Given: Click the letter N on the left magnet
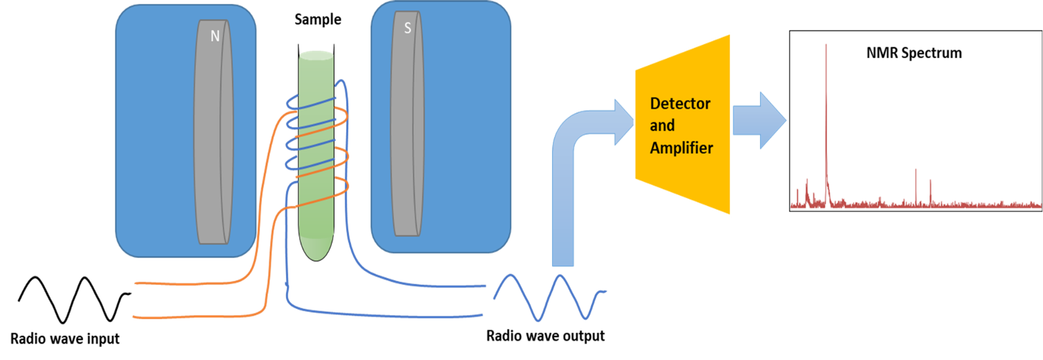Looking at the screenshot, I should (214, 37).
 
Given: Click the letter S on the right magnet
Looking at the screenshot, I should (407, 28).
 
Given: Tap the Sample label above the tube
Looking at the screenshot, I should (317, 20).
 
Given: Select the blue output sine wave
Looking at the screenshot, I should (549, 297).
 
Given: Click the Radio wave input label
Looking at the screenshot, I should (65, 339).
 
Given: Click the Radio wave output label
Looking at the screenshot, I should (545, 336).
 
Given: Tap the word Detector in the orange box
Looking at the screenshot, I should (680, 104).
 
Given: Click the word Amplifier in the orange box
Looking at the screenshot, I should (681, 148).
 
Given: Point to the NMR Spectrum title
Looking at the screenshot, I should (913, 53).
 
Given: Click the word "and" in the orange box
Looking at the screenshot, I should (662, 126).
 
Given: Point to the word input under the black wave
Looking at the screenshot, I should (102, 339).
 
